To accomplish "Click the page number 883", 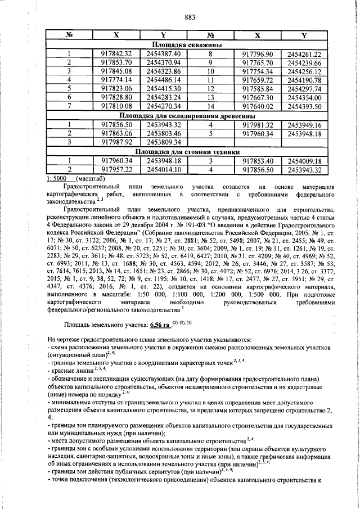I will point(190,17).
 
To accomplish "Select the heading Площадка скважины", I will point(186,44).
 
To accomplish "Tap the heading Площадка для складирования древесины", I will point(186,116).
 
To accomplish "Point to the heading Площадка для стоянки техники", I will point(186,152).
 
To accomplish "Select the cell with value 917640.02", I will point(256,106).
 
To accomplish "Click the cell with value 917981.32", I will point(256,125).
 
